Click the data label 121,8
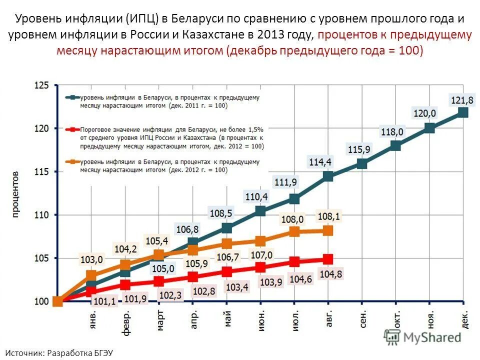(462, 99)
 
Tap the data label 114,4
(320, 161)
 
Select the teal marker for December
(463, 112)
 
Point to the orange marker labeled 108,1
(328, 230)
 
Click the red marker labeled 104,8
(328, 259)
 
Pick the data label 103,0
(91, 259)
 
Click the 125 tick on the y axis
(41, 85)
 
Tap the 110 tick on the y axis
(41, 215)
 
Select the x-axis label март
(160, 320)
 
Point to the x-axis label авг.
(329, 318)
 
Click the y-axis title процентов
(15, 194)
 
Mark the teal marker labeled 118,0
(395, 145)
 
